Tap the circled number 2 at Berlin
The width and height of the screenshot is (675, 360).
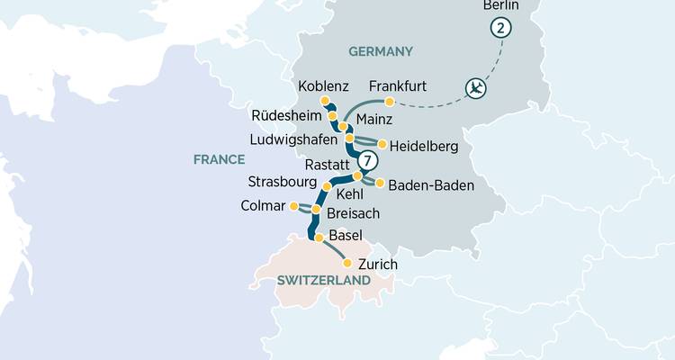(499, 28)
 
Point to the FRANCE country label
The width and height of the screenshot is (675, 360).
(219, 159)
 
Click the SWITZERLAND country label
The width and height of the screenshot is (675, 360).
(324, 281)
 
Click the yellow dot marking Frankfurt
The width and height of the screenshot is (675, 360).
(390, 102)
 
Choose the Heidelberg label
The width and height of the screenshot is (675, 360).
(424, 144)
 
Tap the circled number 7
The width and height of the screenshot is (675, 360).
(366, 162)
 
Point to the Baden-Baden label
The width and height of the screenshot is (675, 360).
(431, 184)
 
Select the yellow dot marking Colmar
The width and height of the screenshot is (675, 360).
(293, 206)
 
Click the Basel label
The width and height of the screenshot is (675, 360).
(346, 236)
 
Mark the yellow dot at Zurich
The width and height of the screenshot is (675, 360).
(347, 263)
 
